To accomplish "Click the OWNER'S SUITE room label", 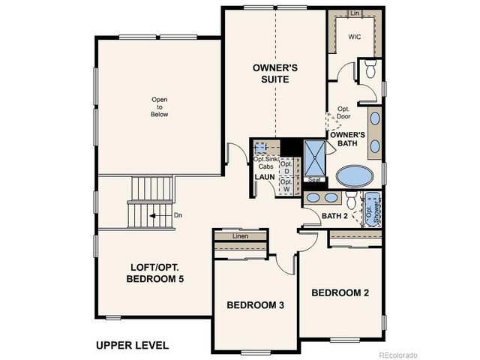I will click(274, 73).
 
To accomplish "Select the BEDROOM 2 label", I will click(340, 292).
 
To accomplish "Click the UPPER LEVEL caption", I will click(132, 346).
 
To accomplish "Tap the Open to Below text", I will click(159, 107).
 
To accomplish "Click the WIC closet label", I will click(355, 36).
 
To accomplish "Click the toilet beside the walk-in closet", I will click(368, 70).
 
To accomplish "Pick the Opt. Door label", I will click(344, 112).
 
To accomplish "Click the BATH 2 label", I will click(334, 217).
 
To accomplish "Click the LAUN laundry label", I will click(264, 177).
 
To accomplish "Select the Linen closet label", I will click(240, 237).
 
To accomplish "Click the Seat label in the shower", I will click(315, 180).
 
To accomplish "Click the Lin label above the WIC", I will click(355, 13).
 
